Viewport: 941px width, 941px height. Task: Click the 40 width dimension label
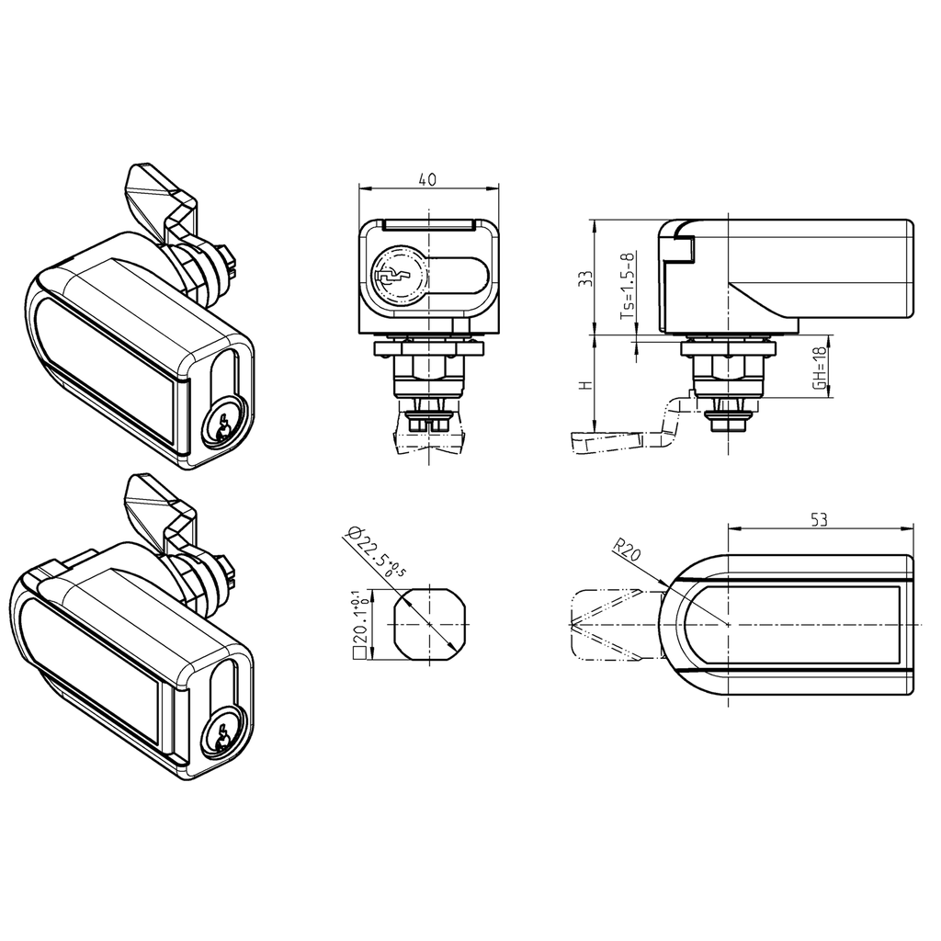point(427,180)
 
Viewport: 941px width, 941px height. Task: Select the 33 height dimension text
point(583,278)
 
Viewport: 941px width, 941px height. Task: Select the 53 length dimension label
point(820,519)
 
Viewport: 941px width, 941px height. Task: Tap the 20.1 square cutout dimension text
point(361,625)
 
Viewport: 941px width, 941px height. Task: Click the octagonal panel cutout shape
point(430,624)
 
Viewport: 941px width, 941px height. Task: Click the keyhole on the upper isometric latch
point(221,426)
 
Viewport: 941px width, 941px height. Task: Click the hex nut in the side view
point(726,368)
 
